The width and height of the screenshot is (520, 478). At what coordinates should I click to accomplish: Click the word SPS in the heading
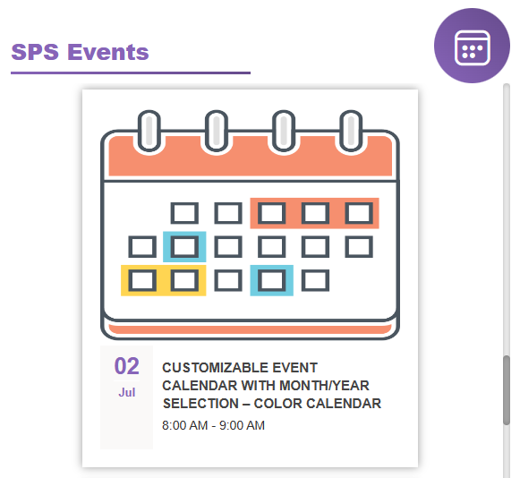35,52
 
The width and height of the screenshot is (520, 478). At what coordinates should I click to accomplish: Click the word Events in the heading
108,52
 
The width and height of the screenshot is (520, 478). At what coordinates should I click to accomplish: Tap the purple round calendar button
472,46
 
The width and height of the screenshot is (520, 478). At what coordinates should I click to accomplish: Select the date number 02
127,366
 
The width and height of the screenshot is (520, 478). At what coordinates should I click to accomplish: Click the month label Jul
127,392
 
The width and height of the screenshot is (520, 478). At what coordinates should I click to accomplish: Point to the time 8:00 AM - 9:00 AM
213,425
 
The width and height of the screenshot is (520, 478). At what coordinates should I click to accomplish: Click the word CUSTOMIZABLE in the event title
215,368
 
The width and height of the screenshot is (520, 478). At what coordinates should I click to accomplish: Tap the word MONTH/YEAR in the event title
324,386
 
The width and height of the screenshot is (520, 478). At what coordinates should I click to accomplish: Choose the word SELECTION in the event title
200,404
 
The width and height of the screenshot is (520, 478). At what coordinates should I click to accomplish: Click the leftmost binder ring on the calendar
149,131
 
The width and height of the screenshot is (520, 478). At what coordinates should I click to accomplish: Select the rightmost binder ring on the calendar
351,131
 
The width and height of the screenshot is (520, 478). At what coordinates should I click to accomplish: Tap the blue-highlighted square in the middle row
184,246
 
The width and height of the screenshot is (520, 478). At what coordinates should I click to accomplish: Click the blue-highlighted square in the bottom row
271,280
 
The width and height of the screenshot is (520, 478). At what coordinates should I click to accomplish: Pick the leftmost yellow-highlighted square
142,280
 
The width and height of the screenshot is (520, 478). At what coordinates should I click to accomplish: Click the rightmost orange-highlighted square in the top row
359,213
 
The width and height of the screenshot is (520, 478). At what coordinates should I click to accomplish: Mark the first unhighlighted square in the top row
184,213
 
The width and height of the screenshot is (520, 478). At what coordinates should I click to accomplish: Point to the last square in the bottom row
315,280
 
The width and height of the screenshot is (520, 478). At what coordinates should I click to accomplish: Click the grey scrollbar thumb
507,390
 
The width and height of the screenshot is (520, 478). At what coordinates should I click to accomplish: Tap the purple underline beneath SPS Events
131,73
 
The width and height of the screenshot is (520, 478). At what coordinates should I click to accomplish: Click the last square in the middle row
359,246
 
